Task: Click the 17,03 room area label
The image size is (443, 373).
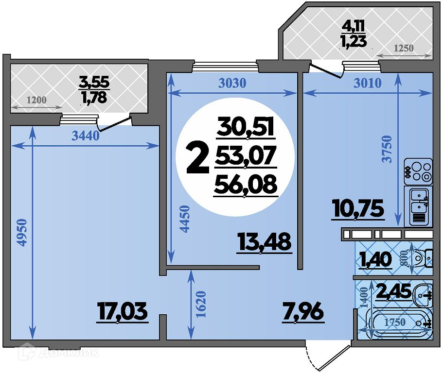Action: click(122, 311)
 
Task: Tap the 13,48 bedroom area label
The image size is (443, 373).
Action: click(265, 242)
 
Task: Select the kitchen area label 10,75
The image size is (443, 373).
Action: click(358, 208)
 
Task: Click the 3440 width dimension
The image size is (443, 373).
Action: click(85, 136)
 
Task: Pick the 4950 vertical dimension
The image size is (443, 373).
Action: click(22, 232)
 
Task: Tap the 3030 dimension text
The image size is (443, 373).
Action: click(232, 83)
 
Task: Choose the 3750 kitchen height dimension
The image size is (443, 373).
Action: click(387, 149)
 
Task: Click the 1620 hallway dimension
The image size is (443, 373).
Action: click(201, 305)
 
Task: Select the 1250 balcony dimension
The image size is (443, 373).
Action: click(404, 48)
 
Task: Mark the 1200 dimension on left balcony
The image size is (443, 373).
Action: click(37, 100)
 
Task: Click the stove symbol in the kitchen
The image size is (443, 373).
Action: click(418, 171)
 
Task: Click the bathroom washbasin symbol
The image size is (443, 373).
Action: click(423, 295)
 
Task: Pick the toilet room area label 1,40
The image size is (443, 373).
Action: click(375, 259)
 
